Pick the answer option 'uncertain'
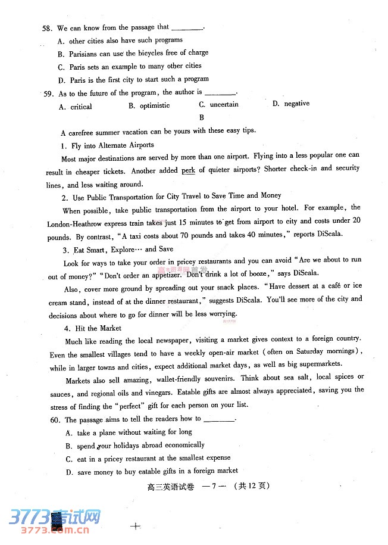tap(223, 104)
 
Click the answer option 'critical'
tap(80, 107)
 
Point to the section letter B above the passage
tap(202, 117)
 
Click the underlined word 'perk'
tap(188, 170)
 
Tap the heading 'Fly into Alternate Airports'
tap(112, 145)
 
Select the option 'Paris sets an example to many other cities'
tap(134, 67)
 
